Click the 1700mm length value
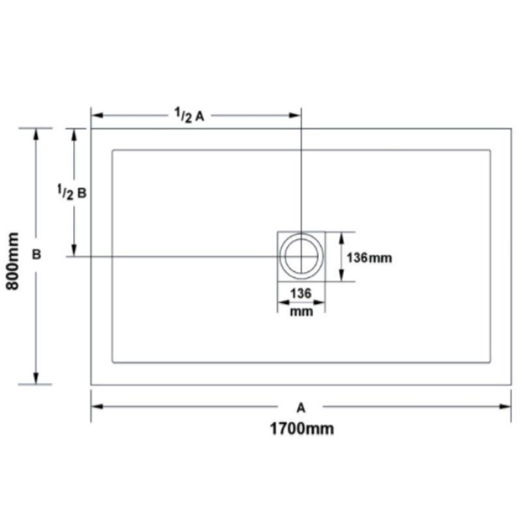point(301,429)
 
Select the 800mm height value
point(13,261)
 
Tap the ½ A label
point(189,115)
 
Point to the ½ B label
point(72,192)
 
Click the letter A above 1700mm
point(301,407)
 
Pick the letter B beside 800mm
point(37,254)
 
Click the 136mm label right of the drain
point(369,258)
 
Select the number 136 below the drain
point(301,294)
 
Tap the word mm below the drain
point(301,312)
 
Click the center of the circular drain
point(301,256)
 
